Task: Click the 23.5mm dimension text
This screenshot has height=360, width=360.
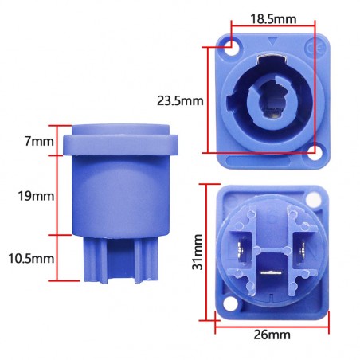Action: (180, 101)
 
